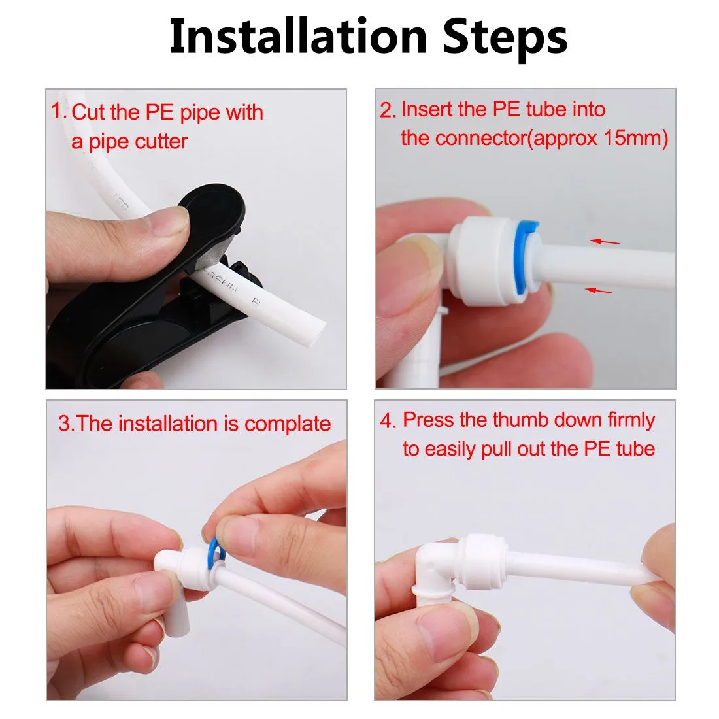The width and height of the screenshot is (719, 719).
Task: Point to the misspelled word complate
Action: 288,425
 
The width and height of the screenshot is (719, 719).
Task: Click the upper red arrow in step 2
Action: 605,241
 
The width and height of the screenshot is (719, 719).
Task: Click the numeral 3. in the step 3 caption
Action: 67,424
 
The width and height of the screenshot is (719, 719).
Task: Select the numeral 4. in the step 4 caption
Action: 388,421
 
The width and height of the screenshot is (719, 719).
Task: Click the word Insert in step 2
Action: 425,110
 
